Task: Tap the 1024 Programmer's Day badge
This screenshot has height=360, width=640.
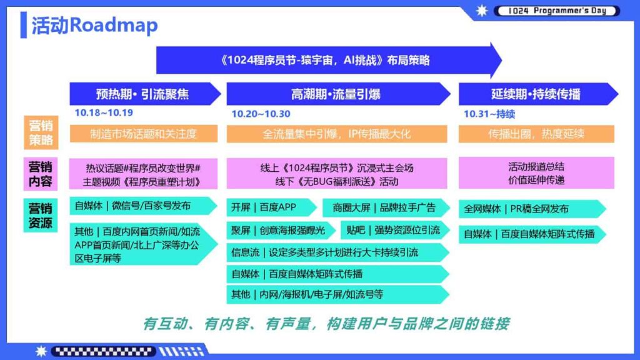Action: click(556, 11)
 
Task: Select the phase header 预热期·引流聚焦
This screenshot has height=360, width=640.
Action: click(142, 94)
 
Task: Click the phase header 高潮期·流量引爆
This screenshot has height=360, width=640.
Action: click(336, 94)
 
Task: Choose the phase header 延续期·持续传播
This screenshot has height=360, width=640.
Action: click(536, 94)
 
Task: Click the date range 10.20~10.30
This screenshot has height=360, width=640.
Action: click(261, 114)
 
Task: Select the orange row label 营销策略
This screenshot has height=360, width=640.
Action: click(41, 132)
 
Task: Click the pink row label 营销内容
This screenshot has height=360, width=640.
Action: click(41, 174)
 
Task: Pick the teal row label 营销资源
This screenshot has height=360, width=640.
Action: click(41, 215)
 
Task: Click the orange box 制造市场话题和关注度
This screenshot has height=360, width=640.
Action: click(143, 134)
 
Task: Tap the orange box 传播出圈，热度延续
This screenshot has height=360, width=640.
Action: click(536, 134)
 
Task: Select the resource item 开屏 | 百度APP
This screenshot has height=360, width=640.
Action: click(271, 207)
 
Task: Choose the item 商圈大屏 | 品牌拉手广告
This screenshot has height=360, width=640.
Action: click(385, 207)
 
